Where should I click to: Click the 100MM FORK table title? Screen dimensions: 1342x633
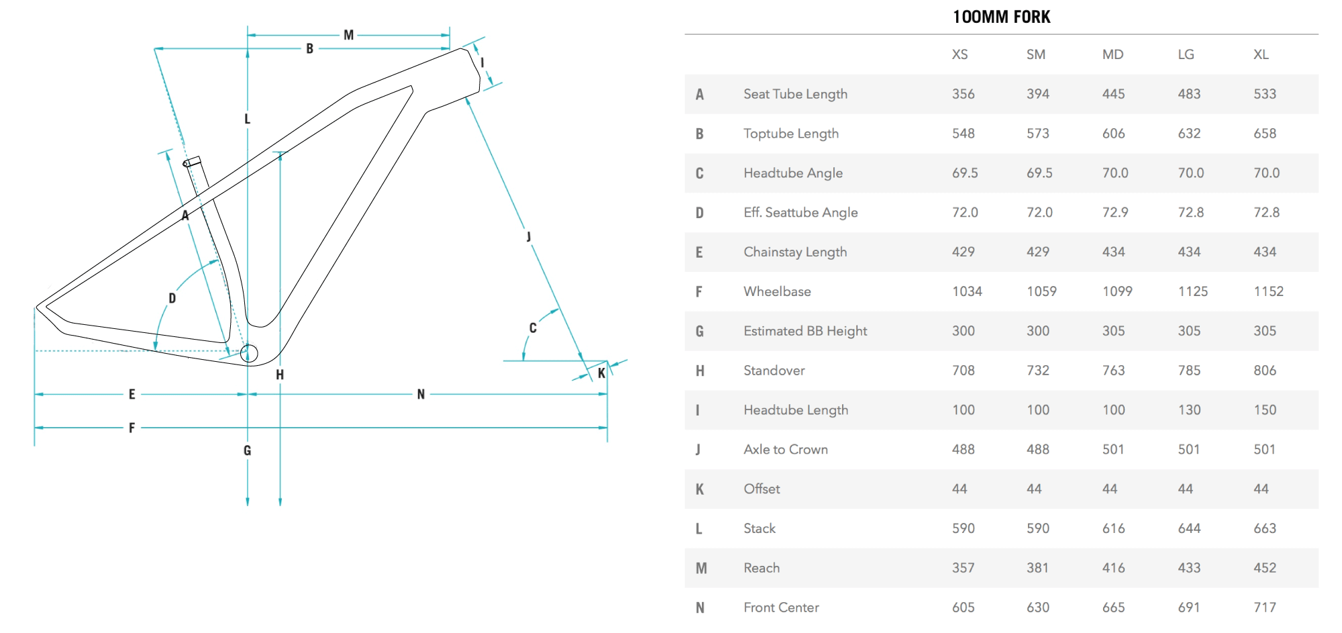coord(1001,17)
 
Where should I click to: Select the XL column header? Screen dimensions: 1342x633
coord(1261,54)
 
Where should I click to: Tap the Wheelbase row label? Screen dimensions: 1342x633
coord(777,291)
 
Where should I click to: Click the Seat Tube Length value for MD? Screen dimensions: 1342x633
coord(1113,94)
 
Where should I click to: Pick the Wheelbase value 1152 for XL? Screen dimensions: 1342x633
coord(1268,291)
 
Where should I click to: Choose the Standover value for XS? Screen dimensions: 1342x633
coord(963,371)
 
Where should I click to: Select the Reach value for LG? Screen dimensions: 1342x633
coord(1189,568)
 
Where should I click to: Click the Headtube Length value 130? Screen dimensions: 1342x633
coord(1189,410)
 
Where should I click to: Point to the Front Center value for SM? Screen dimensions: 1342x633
coord(1037,607)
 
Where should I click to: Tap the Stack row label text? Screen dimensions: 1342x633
coord(759,528)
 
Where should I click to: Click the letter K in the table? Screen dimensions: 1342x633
coord(700,489)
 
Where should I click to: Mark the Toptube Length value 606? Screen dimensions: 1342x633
coord(1113,134)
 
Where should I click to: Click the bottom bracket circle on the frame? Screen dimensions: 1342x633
coord(249,353)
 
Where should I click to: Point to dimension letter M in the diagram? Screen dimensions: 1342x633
coord(348,35)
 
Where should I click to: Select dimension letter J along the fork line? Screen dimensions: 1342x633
coord(529,236)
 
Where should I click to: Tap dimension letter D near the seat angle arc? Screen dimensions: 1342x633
coord(172,298)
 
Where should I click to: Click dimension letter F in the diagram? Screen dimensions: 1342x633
coord(132,428)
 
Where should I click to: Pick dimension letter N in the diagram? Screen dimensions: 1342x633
coord(421,394)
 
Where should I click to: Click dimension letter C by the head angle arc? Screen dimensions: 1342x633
coord(533,328)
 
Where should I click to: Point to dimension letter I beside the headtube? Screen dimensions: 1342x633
coord(482,62)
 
